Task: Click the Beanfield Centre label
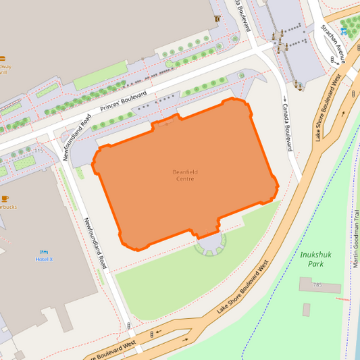tap(185, 175)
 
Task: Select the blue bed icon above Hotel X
tap(45, 251)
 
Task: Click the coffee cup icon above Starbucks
tap(5, 198)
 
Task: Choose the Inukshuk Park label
tap(311, 259)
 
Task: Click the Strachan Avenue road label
tap(334, 43)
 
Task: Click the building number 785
tap(317, 285)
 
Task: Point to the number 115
tap(38, 151)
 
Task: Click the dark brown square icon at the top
tap(217, 19)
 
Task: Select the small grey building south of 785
tap(306, 309)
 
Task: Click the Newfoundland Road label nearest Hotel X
tap(96, 243)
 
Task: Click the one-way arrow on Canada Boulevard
tap(284, 99)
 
